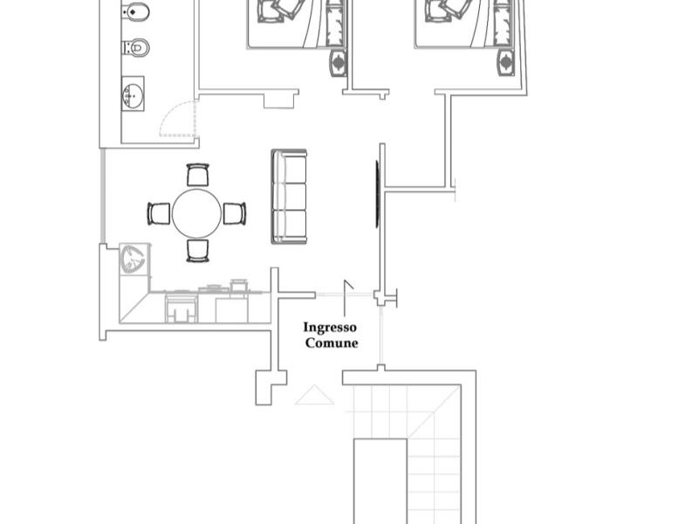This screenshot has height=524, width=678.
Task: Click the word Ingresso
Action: coord(330,327)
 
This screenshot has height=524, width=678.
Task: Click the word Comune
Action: coord(332,343)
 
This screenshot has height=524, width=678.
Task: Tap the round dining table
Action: coord(196,213)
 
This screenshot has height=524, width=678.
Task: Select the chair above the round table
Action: coord(197,175)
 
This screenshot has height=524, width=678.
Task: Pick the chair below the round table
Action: coord(197,251)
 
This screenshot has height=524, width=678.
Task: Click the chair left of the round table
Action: coord(159,213)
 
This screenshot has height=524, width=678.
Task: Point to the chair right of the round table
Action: coord(235,213)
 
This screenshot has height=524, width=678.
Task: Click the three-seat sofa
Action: coord(290,196)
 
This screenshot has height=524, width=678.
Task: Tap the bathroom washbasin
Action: coord(133,94)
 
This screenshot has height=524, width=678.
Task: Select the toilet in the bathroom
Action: coord(137,47)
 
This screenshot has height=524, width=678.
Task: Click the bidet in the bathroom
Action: coord(136,11)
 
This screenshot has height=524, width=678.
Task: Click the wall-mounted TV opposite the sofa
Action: coord(377,194)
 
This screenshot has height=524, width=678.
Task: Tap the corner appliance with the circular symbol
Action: coord(134,259)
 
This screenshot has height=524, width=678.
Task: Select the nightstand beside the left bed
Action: coord(339,63)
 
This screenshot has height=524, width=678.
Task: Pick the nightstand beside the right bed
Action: coord(506,63)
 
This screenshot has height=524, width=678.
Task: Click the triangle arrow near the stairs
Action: coord(314,395)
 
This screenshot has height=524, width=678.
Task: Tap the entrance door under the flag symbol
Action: coord(345,294)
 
